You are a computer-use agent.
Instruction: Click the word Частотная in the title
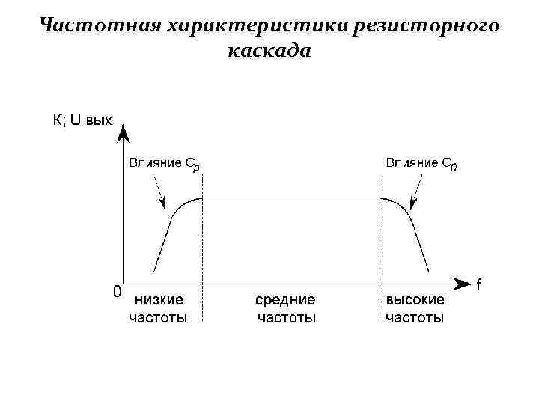(100, 25)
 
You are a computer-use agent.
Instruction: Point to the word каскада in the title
(267, 52)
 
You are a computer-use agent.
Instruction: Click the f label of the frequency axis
(479, 284)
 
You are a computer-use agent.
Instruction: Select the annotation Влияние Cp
(164, 163)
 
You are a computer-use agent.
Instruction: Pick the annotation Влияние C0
(421, 163)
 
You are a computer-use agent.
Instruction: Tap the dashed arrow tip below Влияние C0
(412, 206)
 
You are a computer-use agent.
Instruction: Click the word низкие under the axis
(159, 301)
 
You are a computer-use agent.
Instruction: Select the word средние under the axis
(285, 301)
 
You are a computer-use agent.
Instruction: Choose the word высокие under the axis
(415, 301)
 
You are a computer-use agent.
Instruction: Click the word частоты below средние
(286, 318)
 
